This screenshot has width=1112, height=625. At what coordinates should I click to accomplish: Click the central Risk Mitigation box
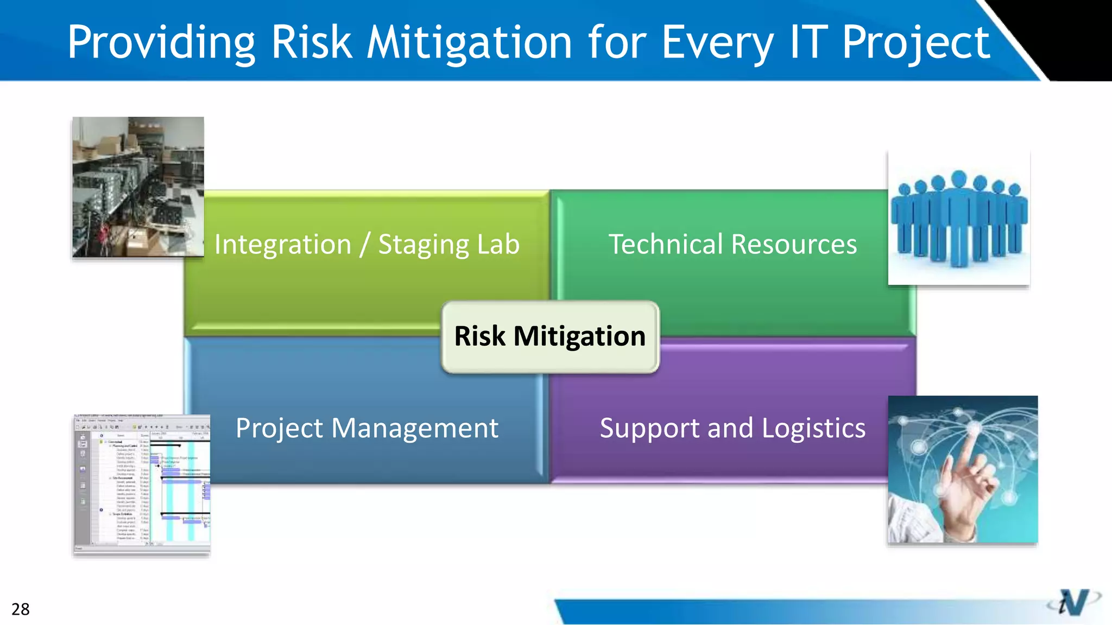pyautogui.click(x=550, y=336)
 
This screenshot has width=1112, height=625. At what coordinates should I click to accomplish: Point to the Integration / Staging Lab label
pyautogui.click(x=367, y=244)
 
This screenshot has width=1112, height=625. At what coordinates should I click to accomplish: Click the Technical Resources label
pyautogui.click(x=732, y=244)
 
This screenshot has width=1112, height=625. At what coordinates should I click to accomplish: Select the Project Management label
pyautogui.click(x=367, y=428)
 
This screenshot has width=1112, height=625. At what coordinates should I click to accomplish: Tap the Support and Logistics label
pyautogui.click(x=732, y=428)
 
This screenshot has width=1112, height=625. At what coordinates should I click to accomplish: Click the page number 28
pyautogui.click(x=21, y=609)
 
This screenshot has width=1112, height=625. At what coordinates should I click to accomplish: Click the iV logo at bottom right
pyautogui.click(x=1073, y=602)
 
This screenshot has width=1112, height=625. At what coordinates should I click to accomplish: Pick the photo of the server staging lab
pyautogui.click(x=138, y=187)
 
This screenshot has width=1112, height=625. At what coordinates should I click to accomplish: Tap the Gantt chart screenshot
pyautogui.click(x=142, y=485)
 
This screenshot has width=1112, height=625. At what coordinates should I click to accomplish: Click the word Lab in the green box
pyautogui.click(x=498, y=244)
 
